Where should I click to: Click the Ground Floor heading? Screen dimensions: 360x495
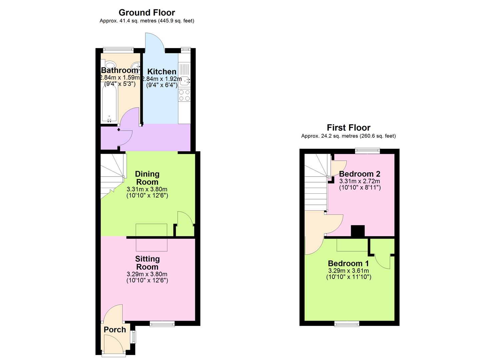147,13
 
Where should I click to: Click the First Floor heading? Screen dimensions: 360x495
348,128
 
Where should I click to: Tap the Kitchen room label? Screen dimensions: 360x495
162,72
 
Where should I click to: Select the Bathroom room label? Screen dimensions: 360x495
119,70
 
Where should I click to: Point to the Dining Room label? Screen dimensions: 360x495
147,178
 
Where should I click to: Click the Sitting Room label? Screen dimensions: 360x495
147,263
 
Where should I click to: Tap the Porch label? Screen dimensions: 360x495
115,330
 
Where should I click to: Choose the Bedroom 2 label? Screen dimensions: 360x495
359,174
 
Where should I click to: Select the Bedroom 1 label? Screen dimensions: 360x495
348,264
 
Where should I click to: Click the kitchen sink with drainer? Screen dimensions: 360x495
184,75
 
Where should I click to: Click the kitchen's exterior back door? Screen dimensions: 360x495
154,43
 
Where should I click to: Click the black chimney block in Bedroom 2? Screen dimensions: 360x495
358,231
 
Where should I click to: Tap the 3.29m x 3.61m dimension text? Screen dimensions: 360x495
348,271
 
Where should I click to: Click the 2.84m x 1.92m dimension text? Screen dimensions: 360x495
162,79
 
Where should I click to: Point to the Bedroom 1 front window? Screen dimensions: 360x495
347,323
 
